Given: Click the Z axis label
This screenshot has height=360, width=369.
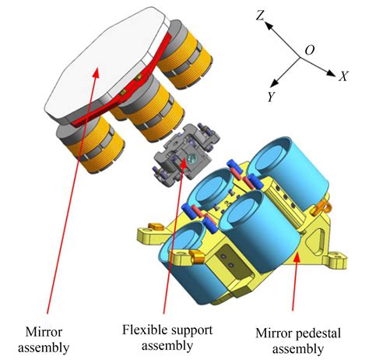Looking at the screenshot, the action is pyautogui.click(x=260, y=16).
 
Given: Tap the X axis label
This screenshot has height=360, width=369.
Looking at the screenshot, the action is pyautogui.click(x=343, y=76).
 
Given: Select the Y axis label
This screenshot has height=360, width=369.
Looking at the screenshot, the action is pyautogui.click(x=272, y=97).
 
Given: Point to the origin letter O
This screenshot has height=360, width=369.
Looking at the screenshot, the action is pyautogui.click(x=310, y=50).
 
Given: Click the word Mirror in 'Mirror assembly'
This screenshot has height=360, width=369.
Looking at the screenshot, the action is pyautogui.click(x=44, y=332).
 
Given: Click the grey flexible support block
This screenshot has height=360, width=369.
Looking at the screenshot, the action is pyautogui.click(x=185, y=154).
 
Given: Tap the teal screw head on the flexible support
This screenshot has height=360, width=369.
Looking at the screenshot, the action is pyautogui.click(x=192, y=158).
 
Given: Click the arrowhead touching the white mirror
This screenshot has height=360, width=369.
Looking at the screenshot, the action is pyautogui.click(x=96, y=72).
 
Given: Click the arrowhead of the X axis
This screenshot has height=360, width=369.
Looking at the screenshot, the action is pyautogui.click(x=331, y=73).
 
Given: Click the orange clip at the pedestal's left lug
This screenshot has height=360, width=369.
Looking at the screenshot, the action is pyautogui.click(x=155, y=227).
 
